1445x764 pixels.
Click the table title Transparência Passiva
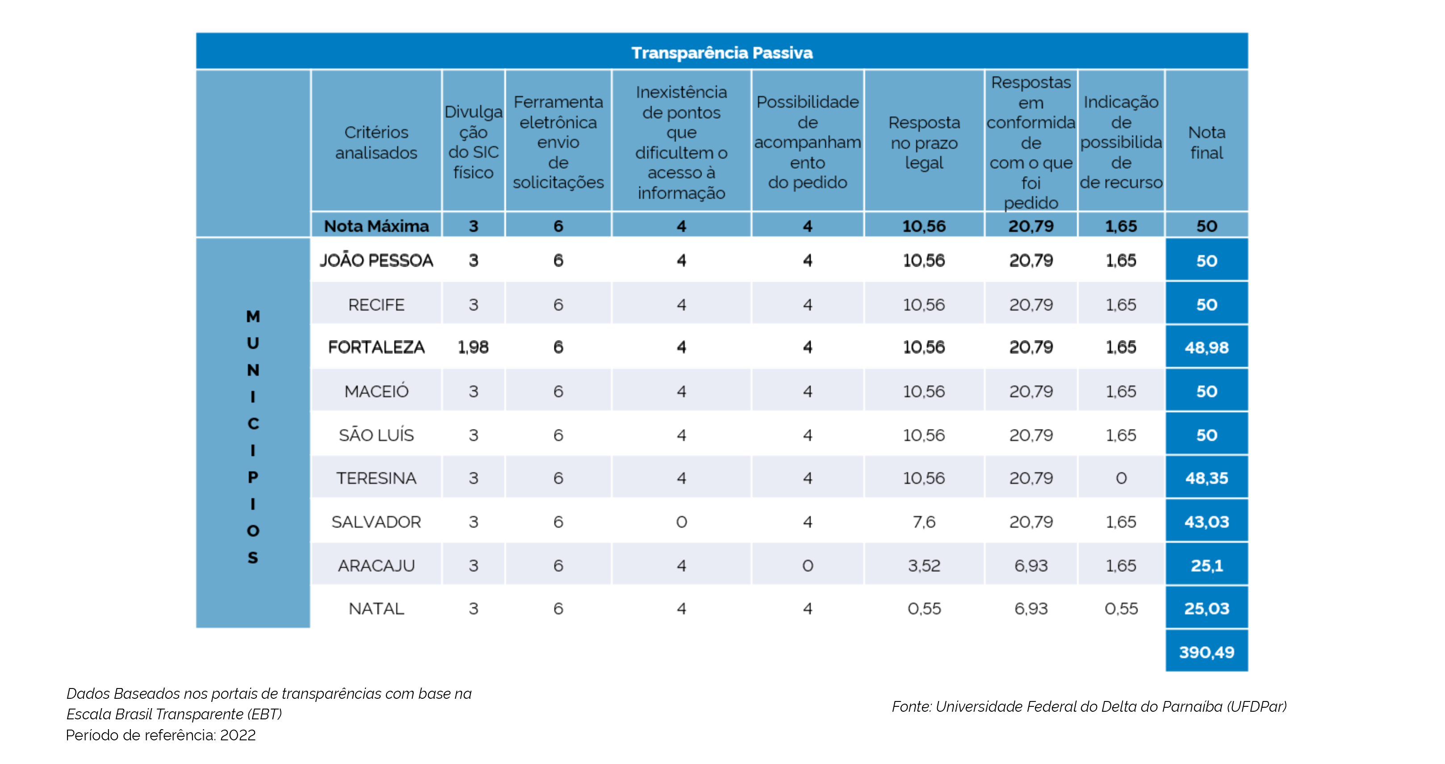(x=721, y=53)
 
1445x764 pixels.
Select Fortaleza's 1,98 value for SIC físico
(x=473, y=347)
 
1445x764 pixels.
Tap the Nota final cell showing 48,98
(x=1206, y=348)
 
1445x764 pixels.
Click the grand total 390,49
(x=1206, y=652)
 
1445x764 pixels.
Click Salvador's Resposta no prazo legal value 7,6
(x=923, y=522)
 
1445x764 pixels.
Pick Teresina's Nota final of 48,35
(x=1206, y=478)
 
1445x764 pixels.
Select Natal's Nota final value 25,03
(x=1206, y=609)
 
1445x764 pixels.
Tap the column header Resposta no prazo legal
(x=923, y=143)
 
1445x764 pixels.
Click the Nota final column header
(x=1206, y=143)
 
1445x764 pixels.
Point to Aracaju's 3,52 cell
(x=923, y=566)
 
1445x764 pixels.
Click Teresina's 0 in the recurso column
(x=1121, y=478)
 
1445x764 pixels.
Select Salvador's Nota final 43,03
(x=1206, y=522)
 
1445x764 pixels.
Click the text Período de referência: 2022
(x=160, y=735)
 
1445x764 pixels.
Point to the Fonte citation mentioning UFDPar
(x=1089, y=706)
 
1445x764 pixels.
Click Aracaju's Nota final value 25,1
(x=1206, y=566)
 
